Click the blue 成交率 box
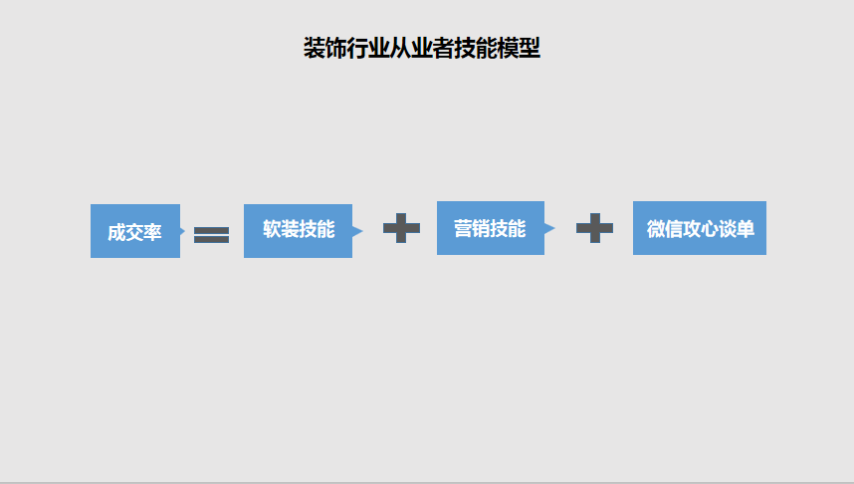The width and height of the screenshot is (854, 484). click(134, 231)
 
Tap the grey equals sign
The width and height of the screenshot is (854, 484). click(211, 235)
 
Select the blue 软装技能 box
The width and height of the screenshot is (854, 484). click(298, 230)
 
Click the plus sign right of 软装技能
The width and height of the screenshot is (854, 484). click(401, 228)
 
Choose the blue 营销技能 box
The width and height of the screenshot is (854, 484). click(490, 228)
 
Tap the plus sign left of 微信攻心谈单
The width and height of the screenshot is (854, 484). click(594, 228)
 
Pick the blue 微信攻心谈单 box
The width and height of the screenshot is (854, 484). click(699, 228)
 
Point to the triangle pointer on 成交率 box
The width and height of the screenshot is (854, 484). click(183, 231)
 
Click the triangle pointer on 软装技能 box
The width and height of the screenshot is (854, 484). click(357, 231)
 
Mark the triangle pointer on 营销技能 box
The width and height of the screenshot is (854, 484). click(549, 228)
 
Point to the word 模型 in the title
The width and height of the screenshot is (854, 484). click(517, 48)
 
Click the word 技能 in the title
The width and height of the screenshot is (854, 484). click(469, 48)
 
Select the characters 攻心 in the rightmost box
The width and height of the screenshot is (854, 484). click(701, 229)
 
